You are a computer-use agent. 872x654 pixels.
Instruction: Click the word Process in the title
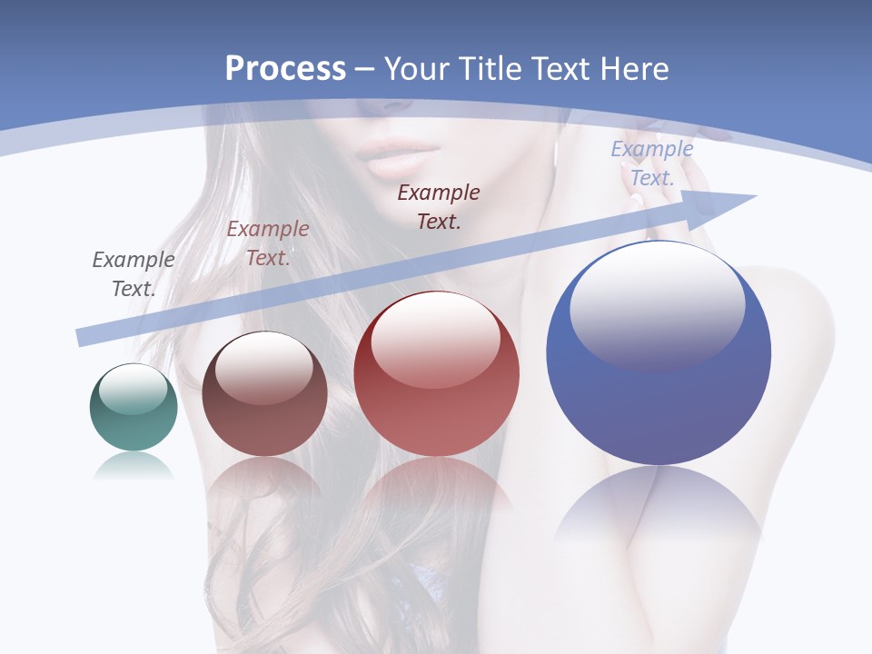click(x=285, y=69)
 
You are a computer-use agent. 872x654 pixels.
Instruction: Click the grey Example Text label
click(x=134, y=273)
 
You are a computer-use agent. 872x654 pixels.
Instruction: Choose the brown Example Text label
click(x=268, y=243)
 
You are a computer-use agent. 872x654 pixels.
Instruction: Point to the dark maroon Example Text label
click(x=439, y=206)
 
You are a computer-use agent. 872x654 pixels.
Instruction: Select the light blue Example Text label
click(x=652, y=163)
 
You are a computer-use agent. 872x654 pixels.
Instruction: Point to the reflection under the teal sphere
click(x=134, y=467)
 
